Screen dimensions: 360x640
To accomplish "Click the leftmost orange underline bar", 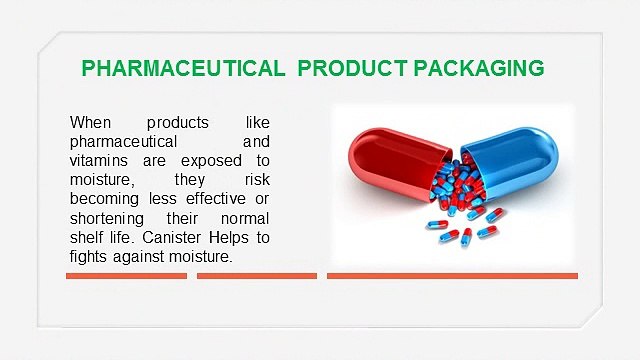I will pos(126,276).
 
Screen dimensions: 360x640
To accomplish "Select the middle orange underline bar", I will pos(257,276).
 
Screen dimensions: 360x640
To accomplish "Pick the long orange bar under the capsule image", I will pos(452,276).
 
